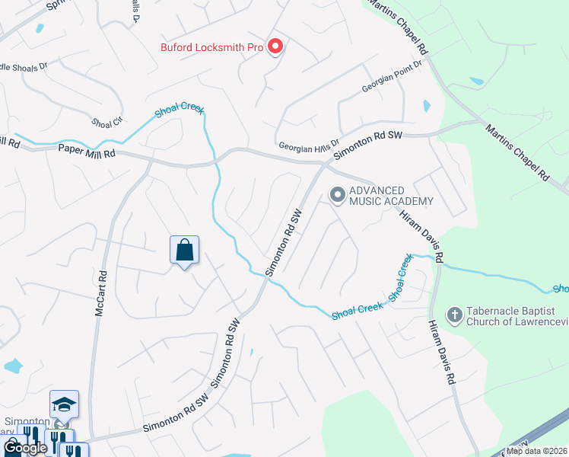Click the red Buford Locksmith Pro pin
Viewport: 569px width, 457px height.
[275, 46]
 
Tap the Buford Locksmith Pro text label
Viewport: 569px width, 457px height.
[211, 47]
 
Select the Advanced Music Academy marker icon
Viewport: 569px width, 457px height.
[336, 196]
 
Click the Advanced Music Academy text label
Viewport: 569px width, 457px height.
[391, 196]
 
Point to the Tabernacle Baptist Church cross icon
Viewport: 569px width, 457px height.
[454, 315]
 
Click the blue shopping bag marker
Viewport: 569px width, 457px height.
[184, 250]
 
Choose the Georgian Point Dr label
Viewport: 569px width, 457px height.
[391, 78]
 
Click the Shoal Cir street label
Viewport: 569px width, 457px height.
[106, 122]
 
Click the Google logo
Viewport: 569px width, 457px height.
[24, 448]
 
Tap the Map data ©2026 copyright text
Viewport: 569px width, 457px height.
[537, 451]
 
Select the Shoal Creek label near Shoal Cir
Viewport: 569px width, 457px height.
[180, 110]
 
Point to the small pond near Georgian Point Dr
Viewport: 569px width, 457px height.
[426, 105]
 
